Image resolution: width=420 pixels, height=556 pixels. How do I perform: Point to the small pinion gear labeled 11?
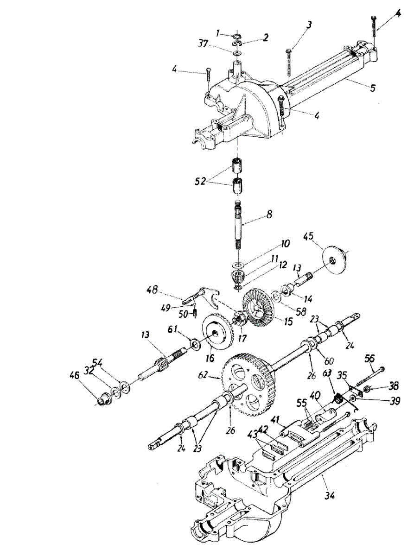tap(238, 278)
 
